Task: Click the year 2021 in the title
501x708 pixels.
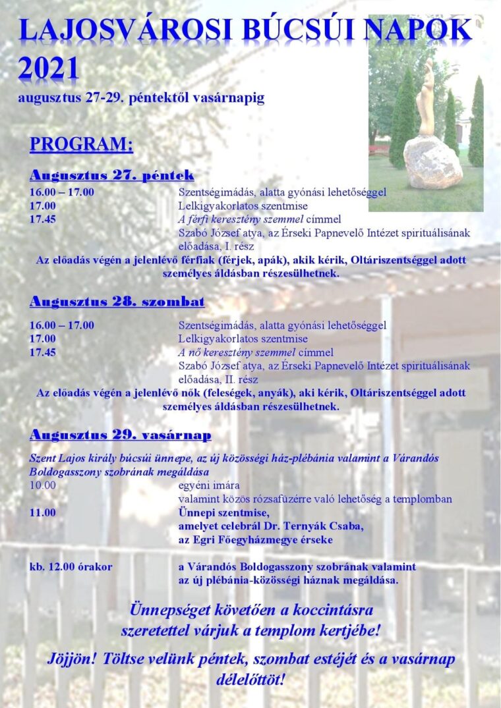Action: coord(49,68)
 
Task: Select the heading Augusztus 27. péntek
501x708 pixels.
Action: coord(111,175)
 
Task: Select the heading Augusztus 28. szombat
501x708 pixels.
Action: coord(117,302)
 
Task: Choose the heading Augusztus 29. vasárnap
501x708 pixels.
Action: coord(120,435)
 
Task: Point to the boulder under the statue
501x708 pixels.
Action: coord(432,161)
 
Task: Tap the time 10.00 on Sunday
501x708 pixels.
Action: coord(43,485)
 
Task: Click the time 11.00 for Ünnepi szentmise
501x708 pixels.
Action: coord(43,512)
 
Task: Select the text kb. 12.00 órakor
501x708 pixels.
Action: coord(71,566)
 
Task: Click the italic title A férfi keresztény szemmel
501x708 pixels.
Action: coord(241,219)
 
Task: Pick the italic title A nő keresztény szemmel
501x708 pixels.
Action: coord(237,352)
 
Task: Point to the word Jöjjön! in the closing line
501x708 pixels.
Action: coord(72,659)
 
